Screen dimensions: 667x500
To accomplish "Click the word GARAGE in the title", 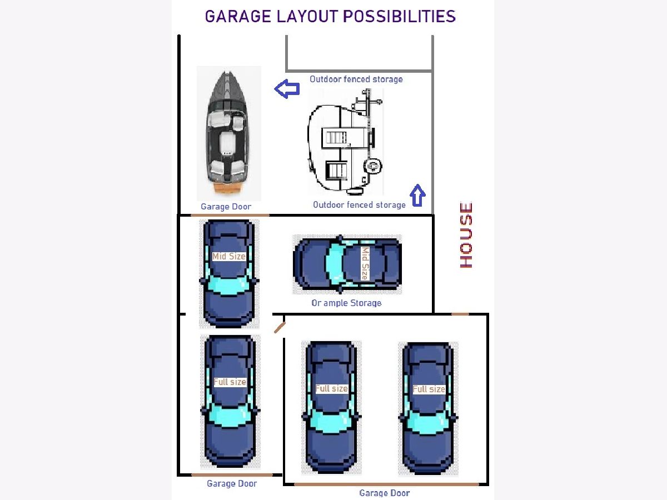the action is (x=238, y=17).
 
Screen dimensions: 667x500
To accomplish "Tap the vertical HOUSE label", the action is (x=466, y=234).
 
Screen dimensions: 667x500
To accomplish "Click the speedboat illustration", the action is (x=228, y=133).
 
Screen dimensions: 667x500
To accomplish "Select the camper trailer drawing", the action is (x=346, y=142).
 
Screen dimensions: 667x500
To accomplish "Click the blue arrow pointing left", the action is (x=287, y=89).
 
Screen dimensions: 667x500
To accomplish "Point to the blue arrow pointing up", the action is (x=417, y=196).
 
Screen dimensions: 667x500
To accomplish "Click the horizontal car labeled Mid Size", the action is (x=347, y=264).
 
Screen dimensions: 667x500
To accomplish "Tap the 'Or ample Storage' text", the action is (x=346, y=303).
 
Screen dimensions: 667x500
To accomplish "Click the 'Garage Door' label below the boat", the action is (x=226, y=207).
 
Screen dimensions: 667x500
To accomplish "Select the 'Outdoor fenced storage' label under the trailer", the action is (x=359, y=205).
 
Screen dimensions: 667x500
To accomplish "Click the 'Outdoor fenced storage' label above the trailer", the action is (x=356, y=79).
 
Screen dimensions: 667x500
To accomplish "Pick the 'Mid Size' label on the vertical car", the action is (x=229, y=257).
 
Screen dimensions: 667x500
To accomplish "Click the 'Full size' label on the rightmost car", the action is (x=429, y=389).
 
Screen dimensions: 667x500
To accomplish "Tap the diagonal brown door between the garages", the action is (x=280, y=328).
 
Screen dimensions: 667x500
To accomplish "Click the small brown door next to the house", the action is (x=460, y=314).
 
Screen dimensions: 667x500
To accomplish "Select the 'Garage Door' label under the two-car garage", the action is (x=385, y=493).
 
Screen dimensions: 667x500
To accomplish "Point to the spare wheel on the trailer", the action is (x=373, y=166).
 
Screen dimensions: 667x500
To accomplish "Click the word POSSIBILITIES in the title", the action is (x=399, y=17).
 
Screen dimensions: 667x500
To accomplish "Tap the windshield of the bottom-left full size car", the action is (x=230, y=416).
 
